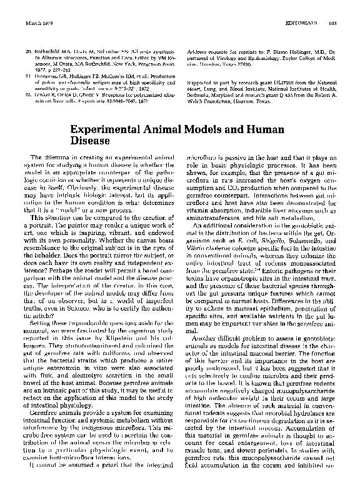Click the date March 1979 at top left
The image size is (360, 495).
pos(37,23)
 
